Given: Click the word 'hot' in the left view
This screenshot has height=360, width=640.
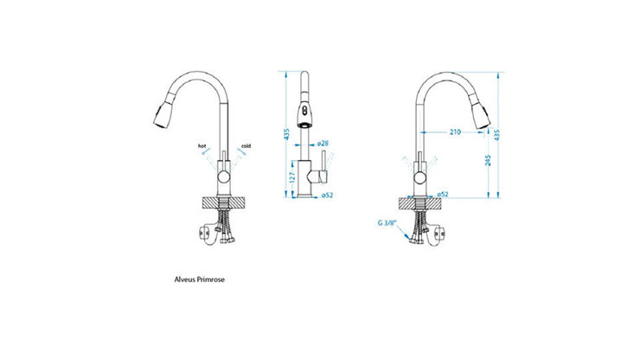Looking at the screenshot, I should tap(202, 146).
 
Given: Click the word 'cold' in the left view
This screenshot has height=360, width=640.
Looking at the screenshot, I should tap(246, 146).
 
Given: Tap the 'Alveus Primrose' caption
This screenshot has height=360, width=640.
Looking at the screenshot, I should tap(201, 280).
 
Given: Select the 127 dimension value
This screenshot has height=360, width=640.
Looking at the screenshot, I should tap(291, 177).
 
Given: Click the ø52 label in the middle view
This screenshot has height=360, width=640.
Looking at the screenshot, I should tap(327, 195).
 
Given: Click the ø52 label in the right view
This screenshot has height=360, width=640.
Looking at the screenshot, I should tap(441, 195).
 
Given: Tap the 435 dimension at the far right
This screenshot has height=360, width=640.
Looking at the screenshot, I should tap(501, 135).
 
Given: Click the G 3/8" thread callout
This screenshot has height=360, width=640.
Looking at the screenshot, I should tap(387, 223).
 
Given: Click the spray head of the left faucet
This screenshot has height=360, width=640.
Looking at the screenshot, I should tap(162, 114).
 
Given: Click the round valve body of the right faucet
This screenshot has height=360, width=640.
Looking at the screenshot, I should tap(419, 178).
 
